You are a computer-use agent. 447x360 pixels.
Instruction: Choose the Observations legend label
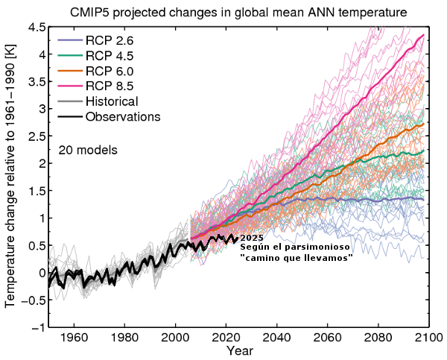click(123, 117)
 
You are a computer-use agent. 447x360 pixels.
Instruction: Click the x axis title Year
click(241, 350)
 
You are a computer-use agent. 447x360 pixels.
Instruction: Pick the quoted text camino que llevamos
click(297, 257)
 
